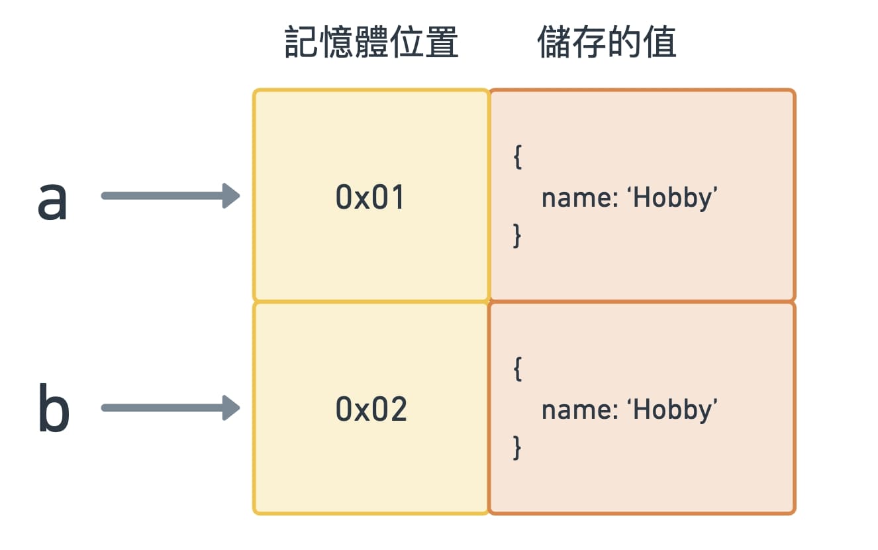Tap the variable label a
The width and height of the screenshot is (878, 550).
click(x=52, y=200)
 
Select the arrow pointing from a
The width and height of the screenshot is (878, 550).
click(x=169, y=195)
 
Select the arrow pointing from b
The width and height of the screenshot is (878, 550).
click(x=169, y=408)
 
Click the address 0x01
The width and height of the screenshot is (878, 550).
click(x=370, y=197)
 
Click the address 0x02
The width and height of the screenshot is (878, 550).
click(x=371, y=410)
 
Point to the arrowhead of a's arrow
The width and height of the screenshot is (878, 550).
click(x=232, y=195)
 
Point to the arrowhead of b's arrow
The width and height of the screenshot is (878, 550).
click(x=232, y=408)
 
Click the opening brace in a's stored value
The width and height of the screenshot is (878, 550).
click(x=517, y=158)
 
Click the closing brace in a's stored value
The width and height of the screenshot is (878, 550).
click(x=517, y=236)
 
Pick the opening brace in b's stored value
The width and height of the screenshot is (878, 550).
click(x=517, y=370)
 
